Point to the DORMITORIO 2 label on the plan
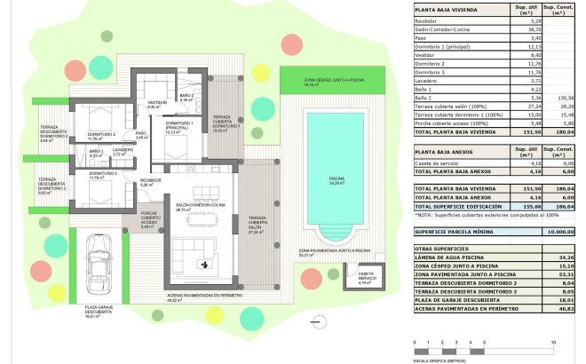103,135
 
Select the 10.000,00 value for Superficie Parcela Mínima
558,231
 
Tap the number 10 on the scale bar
553,341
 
